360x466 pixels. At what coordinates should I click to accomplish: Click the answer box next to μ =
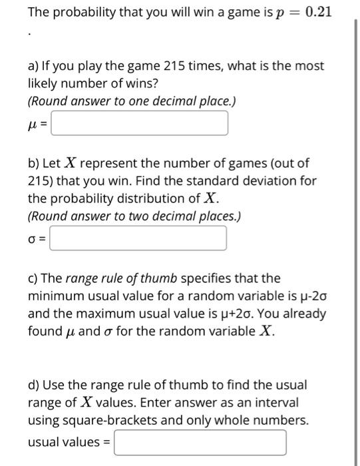[140, 123]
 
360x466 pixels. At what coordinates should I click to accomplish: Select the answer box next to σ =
[138, 238]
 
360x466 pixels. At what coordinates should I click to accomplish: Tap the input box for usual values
[200, 442]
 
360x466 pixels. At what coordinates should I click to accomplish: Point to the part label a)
[34, 67]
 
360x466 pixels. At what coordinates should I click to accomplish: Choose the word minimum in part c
[53, 296]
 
